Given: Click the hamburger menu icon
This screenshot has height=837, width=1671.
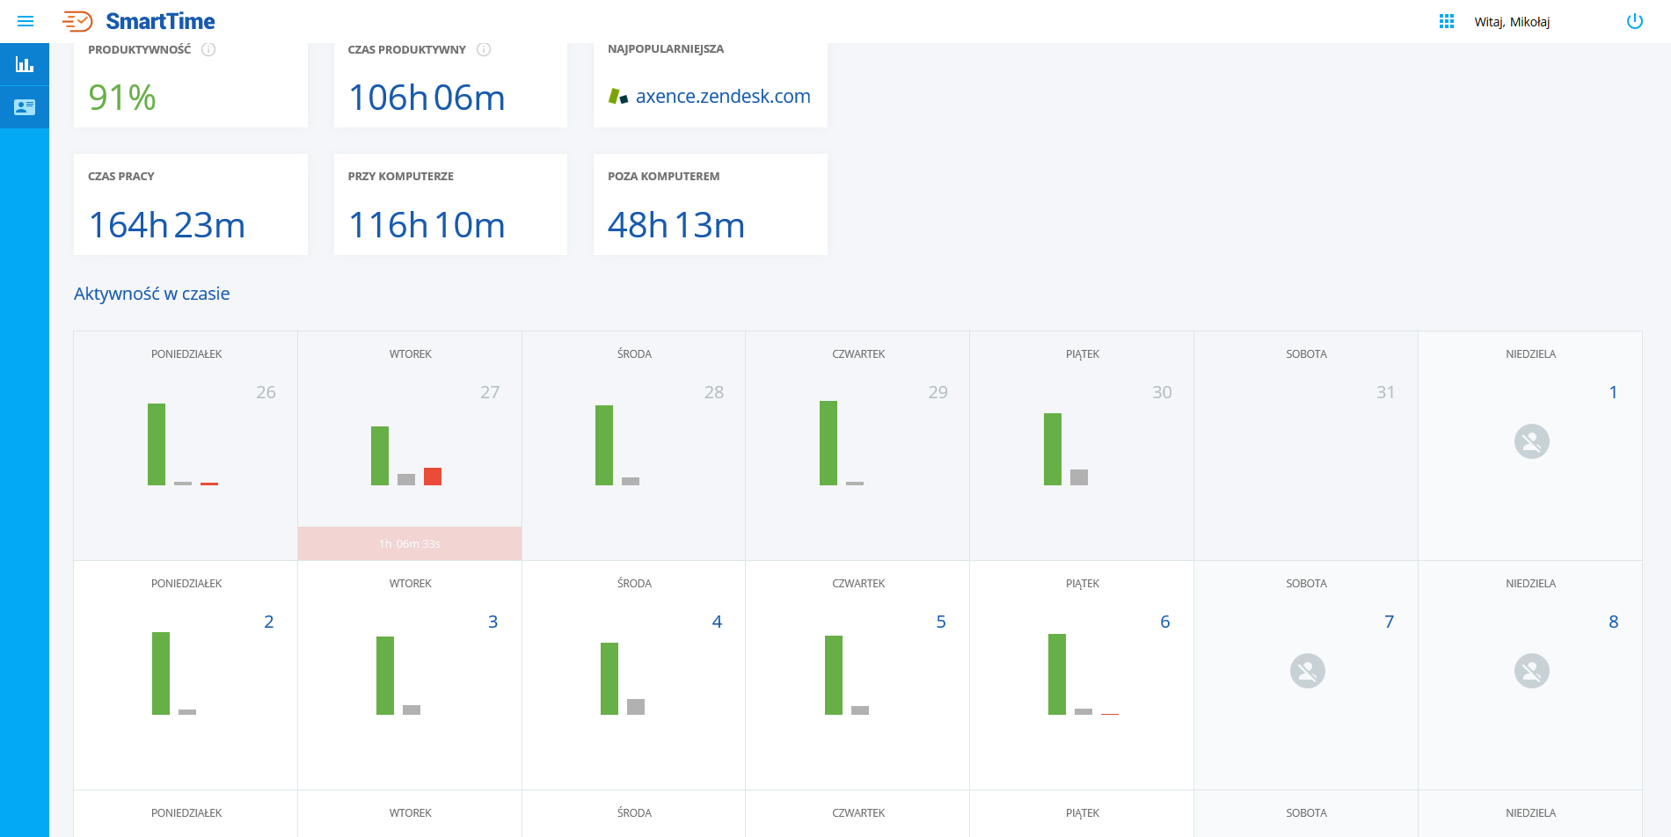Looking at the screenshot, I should click(26, 21).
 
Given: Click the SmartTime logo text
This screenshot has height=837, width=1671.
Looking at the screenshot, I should click(160, 21).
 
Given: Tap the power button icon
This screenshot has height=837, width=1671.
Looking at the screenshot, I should click(1634, 21).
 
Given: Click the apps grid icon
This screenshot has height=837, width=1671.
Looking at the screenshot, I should click(1446, 21).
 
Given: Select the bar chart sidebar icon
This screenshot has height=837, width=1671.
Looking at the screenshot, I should click(25, 64).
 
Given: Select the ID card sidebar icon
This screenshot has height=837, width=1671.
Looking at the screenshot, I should click(25, 107).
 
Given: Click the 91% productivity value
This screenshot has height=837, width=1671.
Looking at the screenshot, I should click(122, 98).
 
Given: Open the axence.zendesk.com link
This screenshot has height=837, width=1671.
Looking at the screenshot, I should click(722, 97).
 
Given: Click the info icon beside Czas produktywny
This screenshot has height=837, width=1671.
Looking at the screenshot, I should click(484, 50).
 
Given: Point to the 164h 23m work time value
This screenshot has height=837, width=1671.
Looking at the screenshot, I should click(167, 225).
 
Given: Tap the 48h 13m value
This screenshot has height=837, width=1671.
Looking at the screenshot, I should click(675, 225).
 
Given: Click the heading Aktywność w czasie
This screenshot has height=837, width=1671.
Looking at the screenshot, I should click(151, 294).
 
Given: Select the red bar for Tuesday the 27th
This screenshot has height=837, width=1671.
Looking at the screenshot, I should click(433, 477).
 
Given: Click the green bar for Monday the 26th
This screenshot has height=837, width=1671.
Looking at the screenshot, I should click(157, 444).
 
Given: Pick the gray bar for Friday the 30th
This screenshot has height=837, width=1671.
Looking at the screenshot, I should click(1079, 477).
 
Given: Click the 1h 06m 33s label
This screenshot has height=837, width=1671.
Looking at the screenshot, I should click(410, 544).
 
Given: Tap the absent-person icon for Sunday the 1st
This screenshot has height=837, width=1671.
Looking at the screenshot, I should click(1531, 441).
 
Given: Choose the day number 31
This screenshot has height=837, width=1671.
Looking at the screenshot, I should click(1385, 392).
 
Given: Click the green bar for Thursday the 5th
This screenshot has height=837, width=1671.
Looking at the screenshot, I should click(834, 675).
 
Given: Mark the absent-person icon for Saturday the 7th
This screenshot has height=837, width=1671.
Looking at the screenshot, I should click(1307, 671).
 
